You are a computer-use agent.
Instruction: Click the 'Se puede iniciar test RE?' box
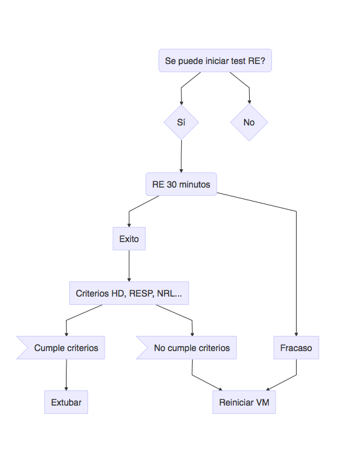(215, 60)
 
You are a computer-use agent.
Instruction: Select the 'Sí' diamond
(181, 122)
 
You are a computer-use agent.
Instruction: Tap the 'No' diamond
(249, 122)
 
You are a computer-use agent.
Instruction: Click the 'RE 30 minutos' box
(181, 184)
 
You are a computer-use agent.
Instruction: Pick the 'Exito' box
(129, 239)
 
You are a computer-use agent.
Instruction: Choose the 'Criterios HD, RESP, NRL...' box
(129, 293)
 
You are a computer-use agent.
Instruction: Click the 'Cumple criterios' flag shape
(61, 348)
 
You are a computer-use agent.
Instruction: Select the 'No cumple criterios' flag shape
(186, 348)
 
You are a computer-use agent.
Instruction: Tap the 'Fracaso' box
(296, 348)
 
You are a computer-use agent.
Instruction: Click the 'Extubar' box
(66, 402)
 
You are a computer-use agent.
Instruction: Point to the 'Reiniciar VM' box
(244, 402)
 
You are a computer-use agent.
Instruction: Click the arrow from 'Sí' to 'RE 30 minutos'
(181, 157)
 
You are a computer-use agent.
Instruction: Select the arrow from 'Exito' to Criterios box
(129, 266)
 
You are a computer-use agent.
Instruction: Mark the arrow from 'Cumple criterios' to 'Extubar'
(66, 375)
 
